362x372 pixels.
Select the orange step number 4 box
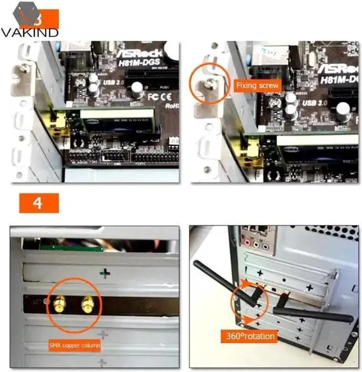click(x=39, y=203)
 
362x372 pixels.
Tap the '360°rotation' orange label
click(x=249, y=336)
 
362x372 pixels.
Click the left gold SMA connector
click(x=59, y=306)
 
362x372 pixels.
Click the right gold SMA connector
click(x=87, y=306)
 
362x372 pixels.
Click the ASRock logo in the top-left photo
click(x=141, y=52)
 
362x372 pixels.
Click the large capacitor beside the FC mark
click(x=137, y=89)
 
